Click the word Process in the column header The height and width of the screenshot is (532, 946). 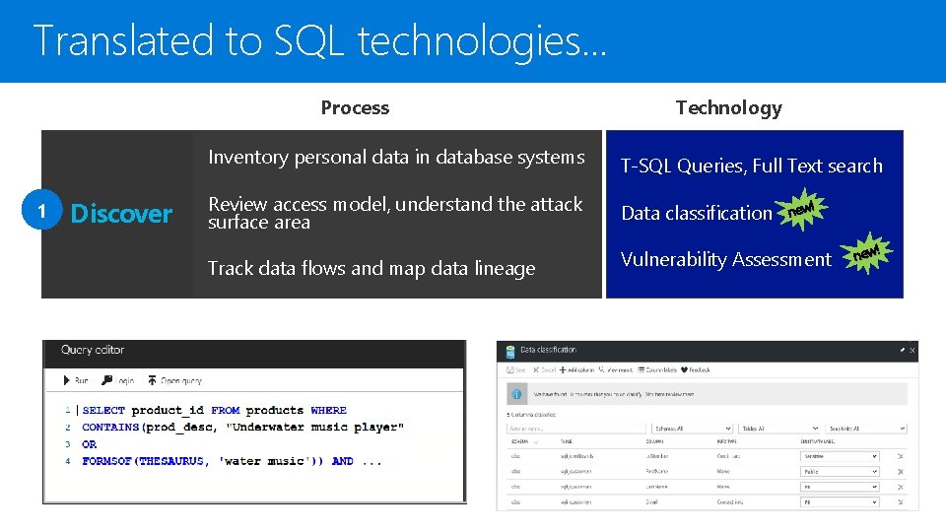coord(355,108)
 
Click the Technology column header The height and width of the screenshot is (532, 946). coord(728,108)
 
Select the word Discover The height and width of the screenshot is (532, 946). coord(121,214)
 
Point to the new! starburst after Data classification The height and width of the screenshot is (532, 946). coord(802,208)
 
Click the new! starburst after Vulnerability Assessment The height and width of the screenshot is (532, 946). coord(867,254)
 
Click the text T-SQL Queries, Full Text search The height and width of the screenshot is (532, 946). coord(751,166)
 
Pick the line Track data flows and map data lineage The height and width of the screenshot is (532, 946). coord(372,268)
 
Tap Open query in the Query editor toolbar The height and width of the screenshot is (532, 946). coord(175,380)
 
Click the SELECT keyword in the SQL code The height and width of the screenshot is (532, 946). coord(103,411)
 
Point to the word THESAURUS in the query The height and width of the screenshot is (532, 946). coord(170,461)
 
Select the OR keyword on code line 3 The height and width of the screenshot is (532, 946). coord(90,444)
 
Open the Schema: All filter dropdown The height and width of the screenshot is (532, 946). coord(692,429)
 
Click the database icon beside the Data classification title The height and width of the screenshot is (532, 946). coord(509,350)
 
